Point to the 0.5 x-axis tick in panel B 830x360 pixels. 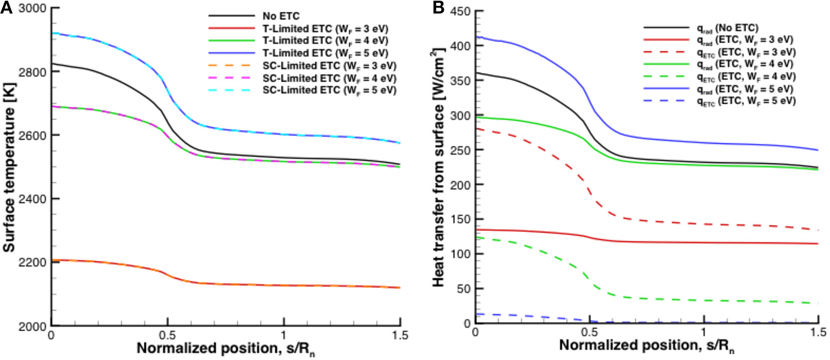pos(590,334)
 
